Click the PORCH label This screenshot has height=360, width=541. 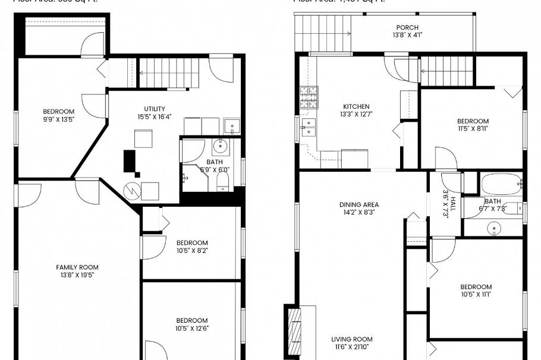407,27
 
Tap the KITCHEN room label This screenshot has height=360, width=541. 356,107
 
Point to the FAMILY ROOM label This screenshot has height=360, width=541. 77,267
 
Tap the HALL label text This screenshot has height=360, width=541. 452,205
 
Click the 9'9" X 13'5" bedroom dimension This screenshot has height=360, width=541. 58,119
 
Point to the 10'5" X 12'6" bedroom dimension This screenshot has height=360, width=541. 192,329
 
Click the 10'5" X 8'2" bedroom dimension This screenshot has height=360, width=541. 192,251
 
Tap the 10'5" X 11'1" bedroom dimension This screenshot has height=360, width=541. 476,295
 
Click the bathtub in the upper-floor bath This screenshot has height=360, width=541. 501,184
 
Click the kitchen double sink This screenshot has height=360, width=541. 309,127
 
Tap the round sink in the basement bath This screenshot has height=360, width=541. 220,144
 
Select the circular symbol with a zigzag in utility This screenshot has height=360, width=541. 131,191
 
